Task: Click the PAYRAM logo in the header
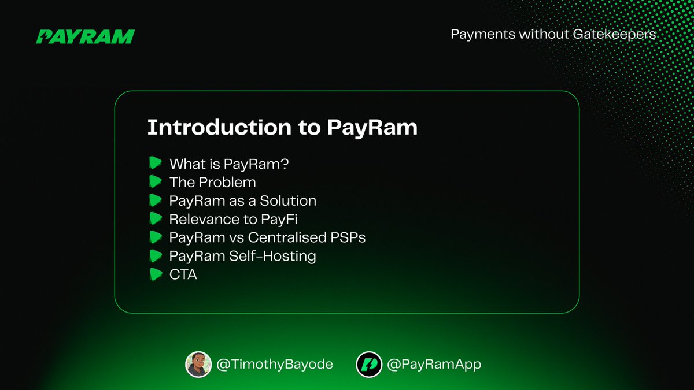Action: (x=85, y=36)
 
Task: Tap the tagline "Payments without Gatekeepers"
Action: (x=553, y=34)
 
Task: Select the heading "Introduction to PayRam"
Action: (x=282, y=128)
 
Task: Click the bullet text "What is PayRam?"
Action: (x=229, y=164)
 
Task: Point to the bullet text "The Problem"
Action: (x=212, y=183)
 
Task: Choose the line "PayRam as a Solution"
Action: (x=242, y=201)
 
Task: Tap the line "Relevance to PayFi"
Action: (x=233, y=220)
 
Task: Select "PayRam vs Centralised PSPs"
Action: (x=267, y=237)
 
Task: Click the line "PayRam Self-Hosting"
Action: (x=242, y=256)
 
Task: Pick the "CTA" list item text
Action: (x=183, y=274)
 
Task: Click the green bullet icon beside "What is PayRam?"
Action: (x=154, y=164)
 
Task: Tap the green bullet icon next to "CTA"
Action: (x=154, y=274)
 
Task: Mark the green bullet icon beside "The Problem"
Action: (x=154, y=182)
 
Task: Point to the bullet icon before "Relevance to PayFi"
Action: (x=154, y=219)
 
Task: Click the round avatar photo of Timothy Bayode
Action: (x=198, y=364)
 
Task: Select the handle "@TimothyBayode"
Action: (x=275, y=365)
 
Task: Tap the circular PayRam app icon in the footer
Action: (x=368, y=364)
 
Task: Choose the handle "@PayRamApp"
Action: (x=434, y=365)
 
